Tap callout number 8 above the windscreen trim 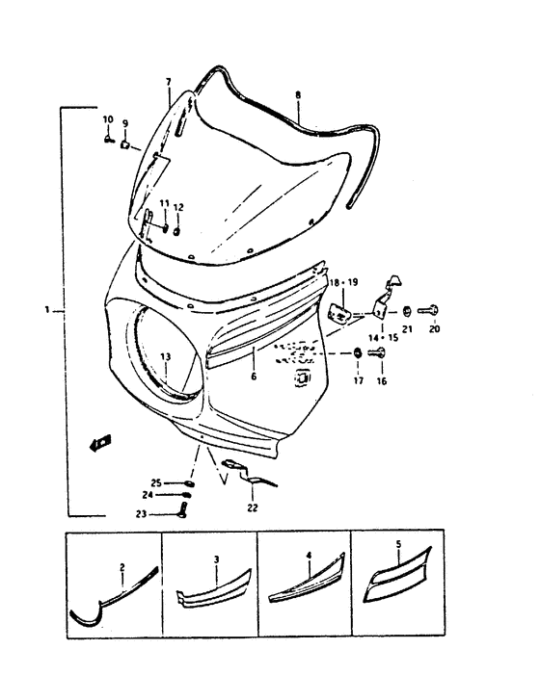point(298,94)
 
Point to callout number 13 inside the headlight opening point(165,356)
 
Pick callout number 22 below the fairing point(252,507)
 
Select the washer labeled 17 point(358,353)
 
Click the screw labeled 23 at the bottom point(183,511)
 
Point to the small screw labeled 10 point(108,139)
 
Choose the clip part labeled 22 point(252,479)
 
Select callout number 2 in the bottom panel point(122,567)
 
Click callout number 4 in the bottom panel point(309,556)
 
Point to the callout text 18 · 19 point(342,282)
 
